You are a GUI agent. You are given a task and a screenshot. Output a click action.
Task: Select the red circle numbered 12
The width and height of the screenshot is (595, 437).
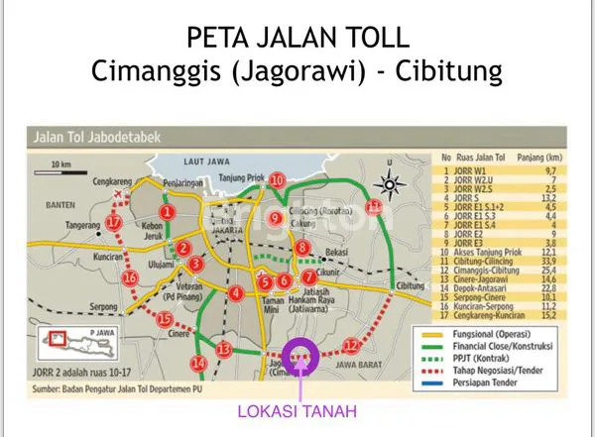point(350,345)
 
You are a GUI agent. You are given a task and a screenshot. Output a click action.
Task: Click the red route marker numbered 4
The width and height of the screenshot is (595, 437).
point(235,294)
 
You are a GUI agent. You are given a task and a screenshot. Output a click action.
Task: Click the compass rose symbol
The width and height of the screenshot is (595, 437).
point(393,184)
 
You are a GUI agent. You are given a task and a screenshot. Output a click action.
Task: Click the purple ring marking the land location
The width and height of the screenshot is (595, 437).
point(300,353)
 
